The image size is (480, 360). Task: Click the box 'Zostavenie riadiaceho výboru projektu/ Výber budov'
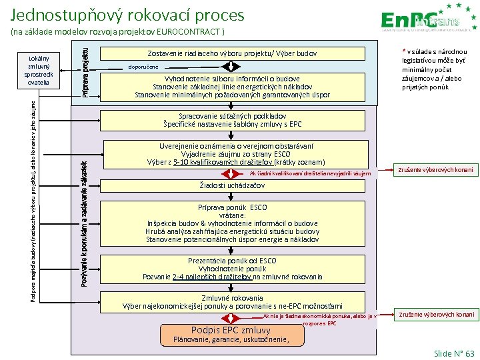tap(232, 53)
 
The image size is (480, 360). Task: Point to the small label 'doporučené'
tap(144, 67)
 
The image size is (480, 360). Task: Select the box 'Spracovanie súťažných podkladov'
tap(232, 120)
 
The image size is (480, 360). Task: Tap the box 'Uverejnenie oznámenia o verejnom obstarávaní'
tap(232, 154)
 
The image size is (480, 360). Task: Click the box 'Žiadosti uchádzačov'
tap(232, 185)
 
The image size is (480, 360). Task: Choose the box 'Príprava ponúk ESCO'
tap(232, 223)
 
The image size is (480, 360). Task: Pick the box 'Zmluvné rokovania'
tap(232, 302)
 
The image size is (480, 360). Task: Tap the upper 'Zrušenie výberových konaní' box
tap(437, 170)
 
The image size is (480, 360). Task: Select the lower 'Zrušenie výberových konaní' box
tap(437, 315)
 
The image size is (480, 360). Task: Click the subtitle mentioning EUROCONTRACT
tap(119, 32)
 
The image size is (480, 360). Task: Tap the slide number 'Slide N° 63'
tap(453, 353)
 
